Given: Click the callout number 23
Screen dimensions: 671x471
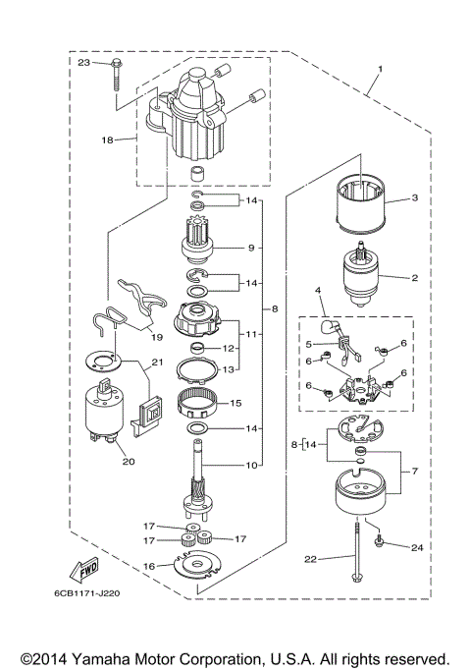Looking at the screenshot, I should coord(83,63).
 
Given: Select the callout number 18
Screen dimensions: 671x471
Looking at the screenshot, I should coord(108,140).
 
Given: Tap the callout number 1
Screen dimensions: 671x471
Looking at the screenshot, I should coord(378,71).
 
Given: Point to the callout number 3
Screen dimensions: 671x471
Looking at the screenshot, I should coord(414,197).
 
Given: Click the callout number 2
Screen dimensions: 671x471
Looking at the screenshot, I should coord(414,278).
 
